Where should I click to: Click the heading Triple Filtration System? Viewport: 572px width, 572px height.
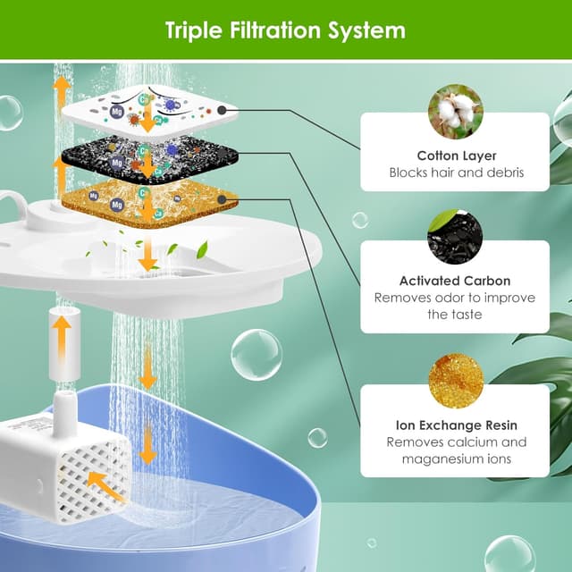[285, 30]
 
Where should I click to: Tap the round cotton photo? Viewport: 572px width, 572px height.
[455, 111]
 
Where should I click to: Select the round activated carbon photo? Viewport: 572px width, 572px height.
[455, 237]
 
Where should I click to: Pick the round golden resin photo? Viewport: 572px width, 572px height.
[455, 381]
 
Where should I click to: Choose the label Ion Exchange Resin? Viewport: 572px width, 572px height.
[455, 425]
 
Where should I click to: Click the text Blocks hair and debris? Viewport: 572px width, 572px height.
[455, 172]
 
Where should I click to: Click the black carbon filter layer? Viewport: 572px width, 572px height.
[147, 157]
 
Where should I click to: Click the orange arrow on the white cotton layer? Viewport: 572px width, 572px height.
[147, 119]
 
